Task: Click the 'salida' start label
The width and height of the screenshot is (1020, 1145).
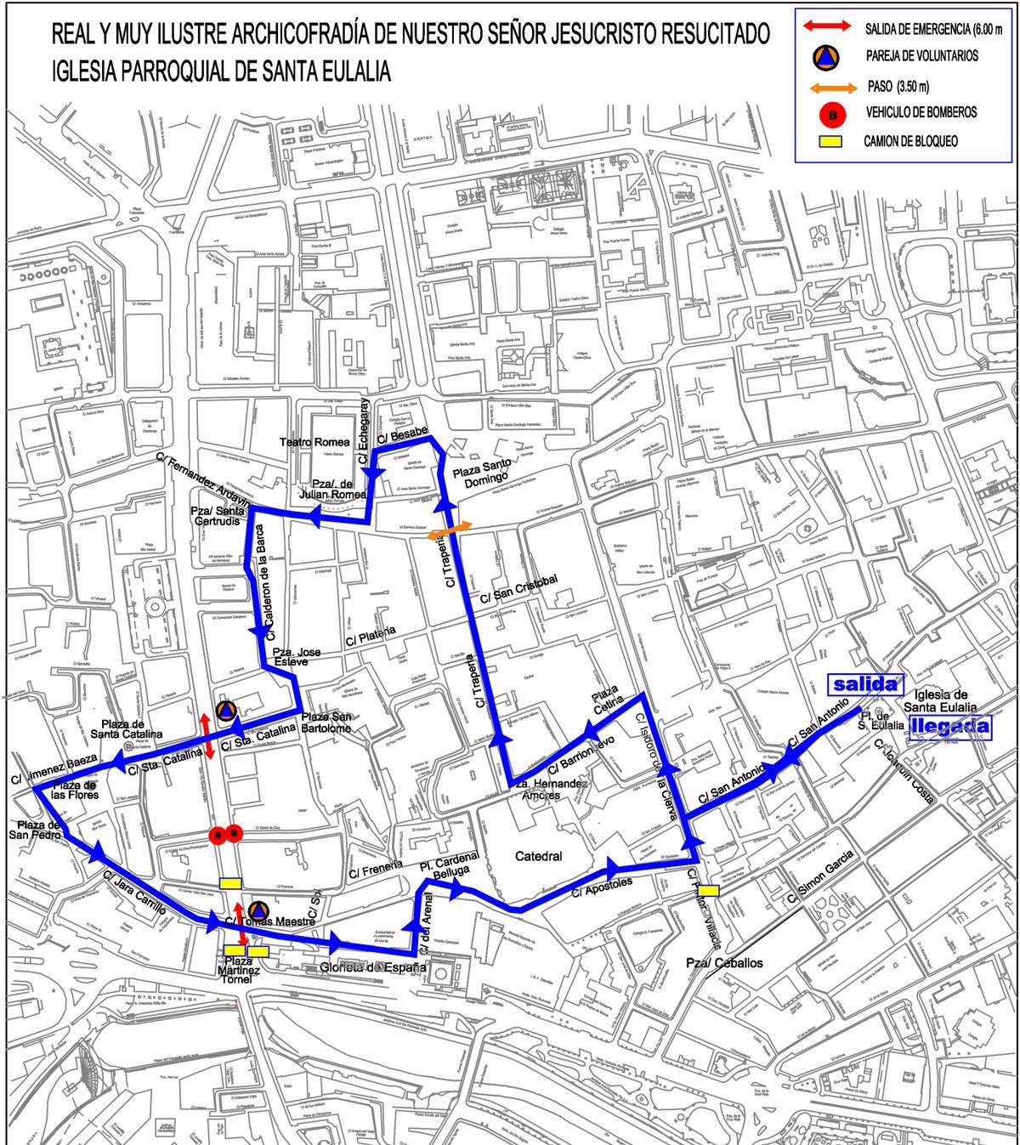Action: point(865,684)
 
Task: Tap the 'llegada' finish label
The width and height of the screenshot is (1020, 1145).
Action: point(950,726)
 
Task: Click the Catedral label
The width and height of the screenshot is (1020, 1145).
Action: point(539,856)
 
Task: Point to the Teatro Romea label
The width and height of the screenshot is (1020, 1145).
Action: point(315,442)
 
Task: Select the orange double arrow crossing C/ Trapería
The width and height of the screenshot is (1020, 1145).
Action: point(449,530)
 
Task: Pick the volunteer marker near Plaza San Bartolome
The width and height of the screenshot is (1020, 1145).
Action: point(224,710)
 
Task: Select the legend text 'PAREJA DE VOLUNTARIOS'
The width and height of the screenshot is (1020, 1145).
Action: point(921,56)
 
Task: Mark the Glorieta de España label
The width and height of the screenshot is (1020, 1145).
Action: point(372,967)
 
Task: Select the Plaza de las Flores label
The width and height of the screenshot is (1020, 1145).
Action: point(75,790)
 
